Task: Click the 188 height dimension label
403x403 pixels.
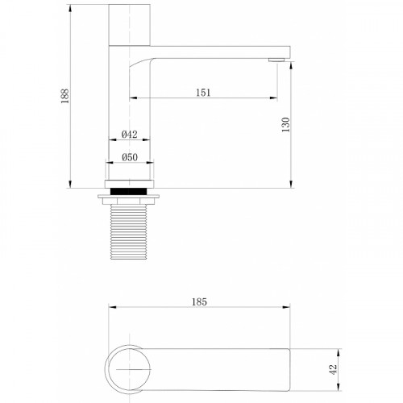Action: pyautogui.click(x=65, y=96)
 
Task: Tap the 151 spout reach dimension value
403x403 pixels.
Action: pyautogui.click(x=203, y=93)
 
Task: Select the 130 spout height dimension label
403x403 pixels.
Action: pyautogui.click(x=286, y=124)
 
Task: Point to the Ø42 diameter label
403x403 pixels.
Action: pyautogui.click(x=130, y=134)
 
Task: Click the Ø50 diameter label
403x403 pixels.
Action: pyautogui.click(x=130, y=157)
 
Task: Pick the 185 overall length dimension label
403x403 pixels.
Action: pyautogui.click(x=199, y=302)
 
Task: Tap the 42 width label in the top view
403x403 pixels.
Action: pyautogui.click(x=333, y=369)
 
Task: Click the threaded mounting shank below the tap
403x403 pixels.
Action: pyautogui.click(x=129, y=231)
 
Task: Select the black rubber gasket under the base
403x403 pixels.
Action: pyautogui.click(x=129, y=191)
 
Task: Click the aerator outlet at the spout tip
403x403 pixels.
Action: pyautogui.click(x=277, y=60)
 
